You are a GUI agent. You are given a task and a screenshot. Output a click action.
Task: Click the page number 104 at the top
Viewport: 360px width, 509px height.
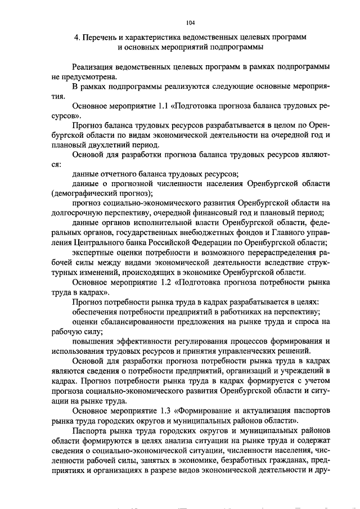tap(190, 22)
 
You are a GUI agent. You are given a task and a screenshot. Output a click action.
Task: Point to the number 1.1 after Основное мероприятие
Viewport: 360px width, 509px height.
tap(162, 105)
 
